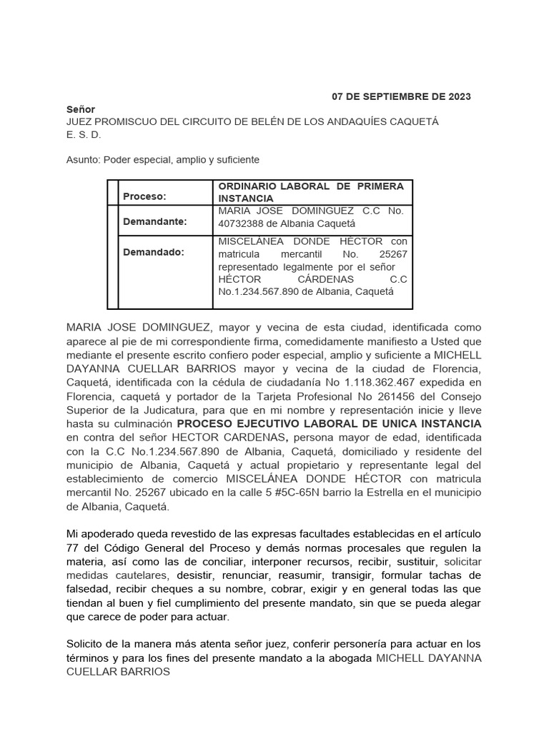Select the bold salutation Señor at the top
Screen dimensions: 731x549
(x=81, y=110)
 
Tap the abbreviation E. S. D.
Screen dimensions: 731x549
(x=84, y=134)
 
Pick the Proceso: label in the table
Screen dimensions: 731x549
(x=144, y=196)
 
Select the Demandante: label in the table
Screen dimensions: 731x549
(x=155, y=222)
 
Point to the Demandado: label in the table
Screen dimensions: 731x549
(x=154, y=252)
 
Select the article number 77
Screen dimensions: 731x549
(x=74, y=548)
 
